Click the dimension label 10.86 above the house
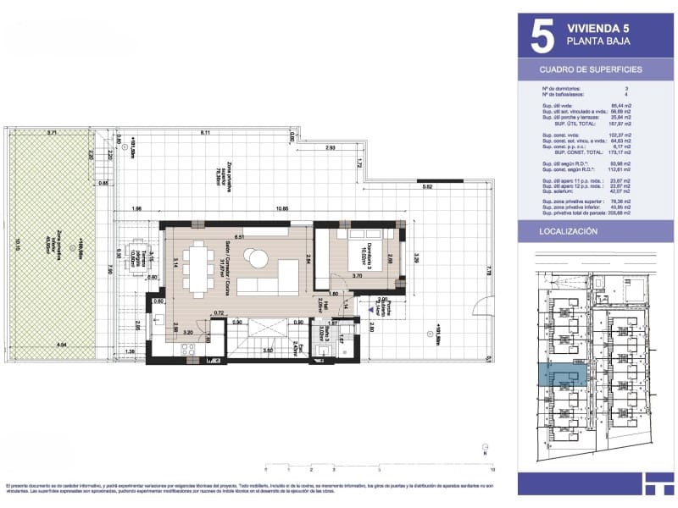pyautogui.click(x=271, y=209)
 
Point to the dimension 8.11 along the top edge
pyautogui.click(x=206, y=133)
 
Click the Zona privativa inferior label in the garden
pyautogui.click(x=60, y=246)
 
